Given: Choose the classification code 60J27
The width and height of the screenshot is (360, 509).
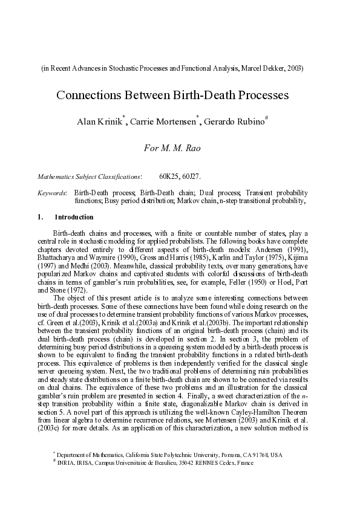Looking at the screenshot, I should coord(192,177).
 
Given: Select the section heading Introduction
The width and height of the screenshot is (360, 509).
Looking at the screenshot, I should coord(74,217).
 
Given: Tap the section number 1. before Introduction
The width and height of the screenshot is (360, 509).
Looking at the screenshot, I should coord(41,217).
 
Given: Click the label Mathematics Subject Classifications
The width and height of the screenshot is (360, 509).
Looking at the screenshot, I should coord(90,177).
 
